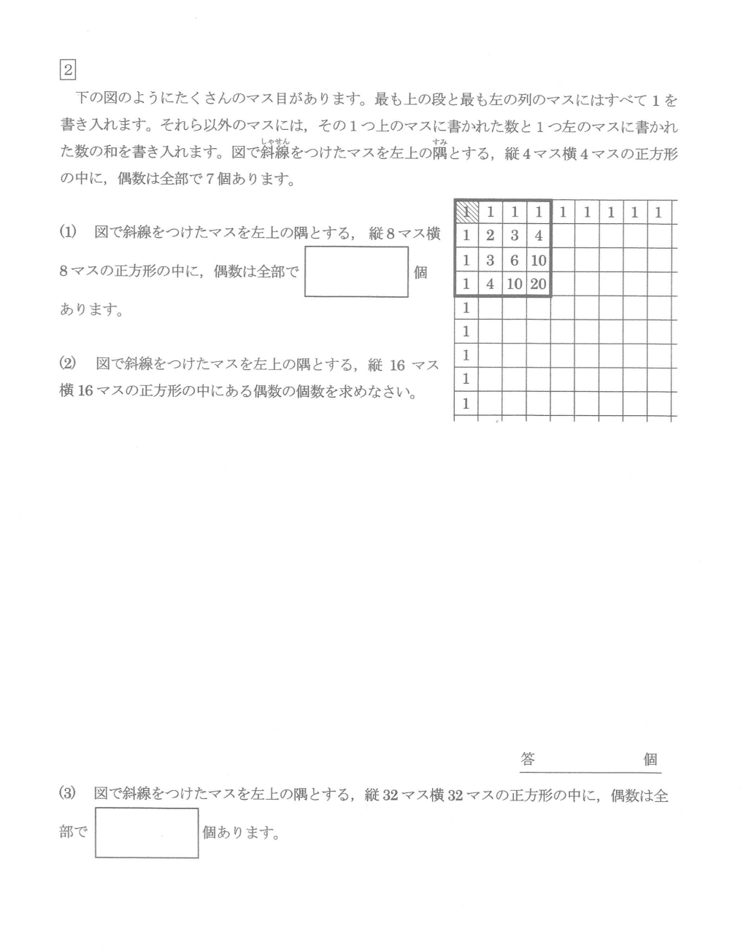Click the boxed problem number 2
pos(67,70)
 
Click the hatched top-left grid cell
pos(466,212)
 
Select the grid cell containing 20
pos(538,284)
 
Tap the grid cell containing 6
pos(514,260)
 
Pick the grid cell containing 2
pos(490,236)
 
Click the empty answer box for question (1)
pos(356,272)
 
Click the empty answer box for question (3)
pos(147,833)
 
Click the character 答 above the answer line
pos(528,759)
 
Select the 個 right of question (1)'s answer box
pos(420,273)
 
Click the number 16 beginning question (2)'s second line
pos(85,392)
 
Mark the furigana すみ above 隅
pos(439,142)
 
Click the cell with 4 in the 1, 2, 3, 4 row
pos(538,236)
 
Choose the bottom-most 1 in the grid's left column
pos(466,403)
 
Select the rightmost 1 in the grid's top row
pos(658,212)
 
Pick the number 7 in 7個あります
pos(209,179)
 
